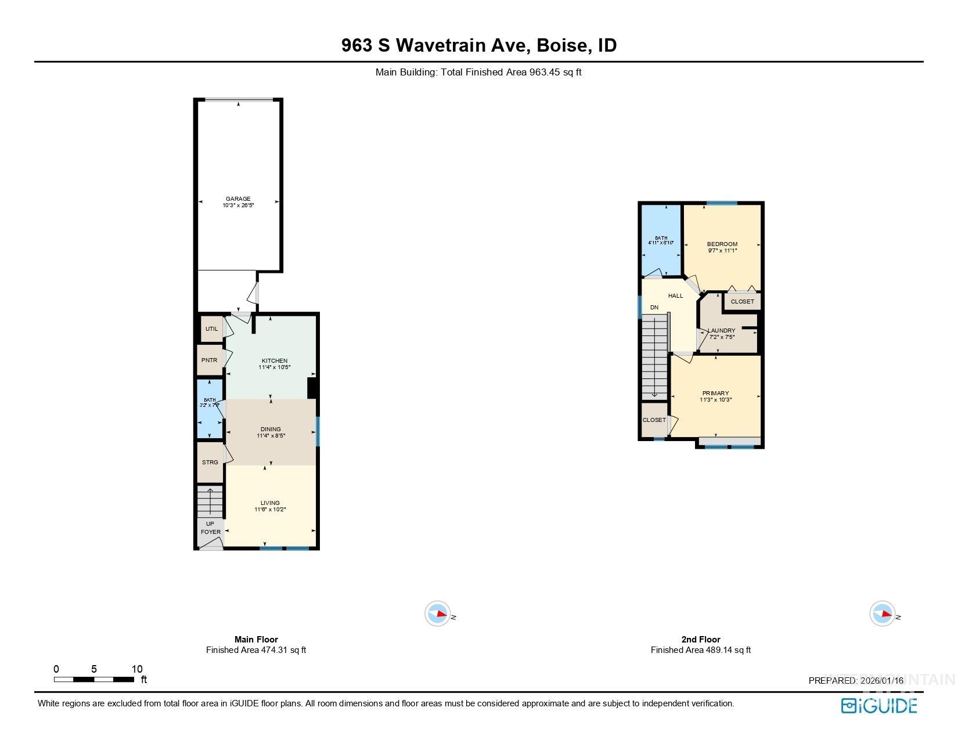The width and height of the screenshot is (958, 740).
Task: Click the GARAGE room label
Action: (238, 199)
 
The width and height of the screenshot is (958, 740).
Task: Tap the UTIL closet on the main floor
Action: (211, 329)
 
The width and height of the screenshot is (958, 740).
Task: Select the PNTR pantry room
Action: (209, 360)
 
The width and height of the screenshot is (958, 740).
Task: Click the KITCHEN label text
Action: (274, 361)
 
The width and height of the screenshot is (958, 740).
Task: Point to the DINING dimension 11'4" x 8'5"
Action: (271, 436)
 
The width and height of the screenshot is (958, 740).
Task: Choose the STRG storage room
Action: (210, 463)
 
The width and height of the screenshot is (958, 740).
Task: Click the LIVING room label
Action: (270, 503)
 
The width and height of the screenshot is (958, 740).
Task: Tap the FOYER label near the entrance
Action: (211, 532)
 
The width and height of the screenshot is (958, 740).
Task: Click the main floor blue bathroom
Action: (210, 409)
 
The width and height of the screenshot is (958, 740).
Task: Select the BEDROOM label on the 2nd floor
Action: (722, 244)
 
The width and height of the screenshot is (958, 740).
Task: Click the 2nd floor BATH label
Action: (661, 238)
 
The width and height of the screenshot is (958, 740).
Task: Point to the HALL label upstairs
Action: (675, 296)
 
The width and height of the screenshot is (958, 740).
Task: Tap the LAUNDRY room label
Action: (722, 331)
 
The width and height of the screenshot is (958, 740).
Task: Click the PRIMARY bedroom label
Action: (715, 394)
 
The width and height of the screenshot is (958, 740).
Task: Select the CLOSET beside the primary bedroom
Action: (654, 420)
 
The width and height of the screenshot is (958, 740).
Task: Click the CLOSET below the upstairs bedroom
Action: (742, 302)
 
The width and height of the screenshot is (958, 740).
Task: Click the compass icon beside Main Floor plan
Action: (438, 613)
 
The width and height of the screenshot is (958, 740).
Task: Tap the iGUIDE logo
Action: (879, 706)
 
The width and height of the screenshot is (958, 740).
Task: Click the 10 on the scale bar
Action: (137, 669)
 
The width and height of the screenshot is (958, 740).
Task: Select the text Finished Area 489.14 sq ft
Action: (700, 650)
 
